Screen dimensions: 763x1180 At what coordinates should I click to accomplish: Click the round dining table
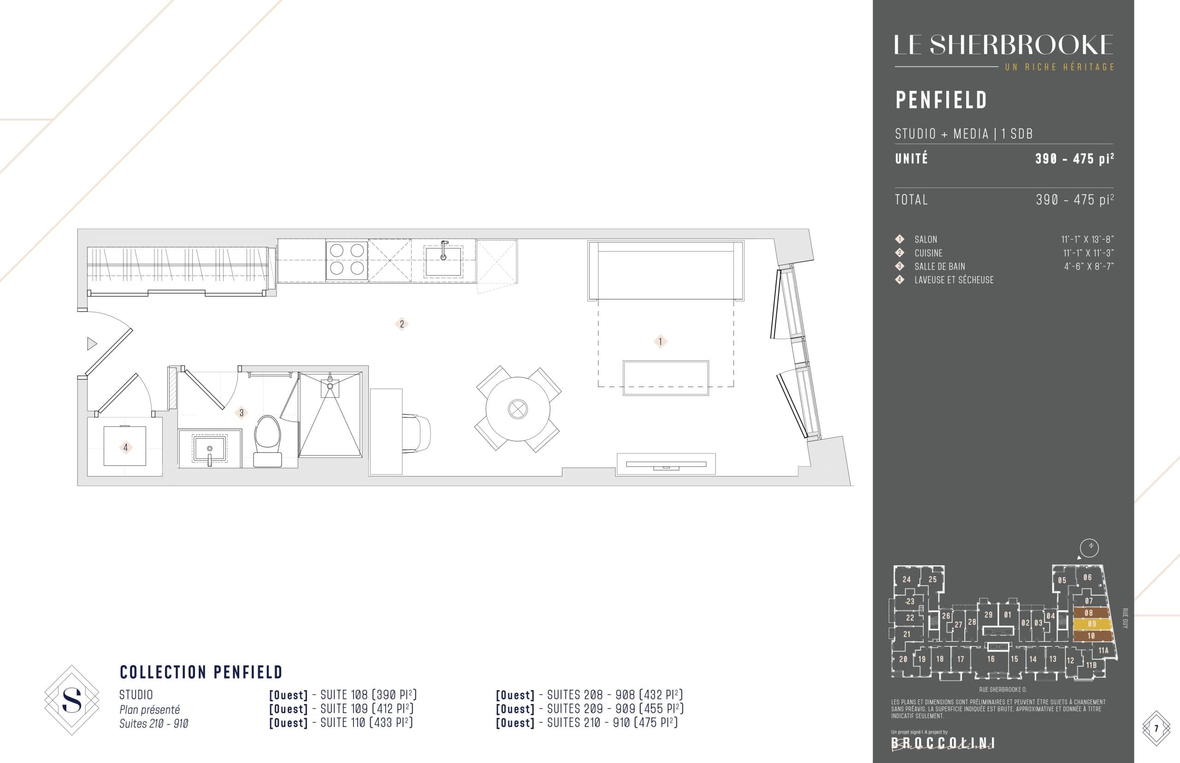pyautogui.click(x=518, y=409)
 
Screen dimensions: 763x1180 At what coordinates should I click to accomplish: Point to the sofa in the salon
pyautogui.click(x=666, y=270)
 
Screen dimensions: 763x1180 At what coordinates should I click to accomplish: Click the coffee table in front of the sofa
pyautogui.click(x=666, y=378)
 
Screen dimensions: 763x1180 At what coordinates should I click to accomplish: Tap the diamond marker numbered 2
pyautogui.click(x=401, y=324)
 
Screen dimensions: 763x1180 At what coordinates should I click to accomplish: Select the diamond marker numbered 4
pyautogui.click(x=125, y=447)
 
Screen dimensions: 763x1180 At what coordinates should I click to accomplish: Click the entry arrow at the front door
pyautogui.click(x=92, y=343)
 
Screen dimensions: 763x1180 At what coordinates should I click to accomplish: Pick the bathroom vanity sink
pyautogui.click(x=210, y=448)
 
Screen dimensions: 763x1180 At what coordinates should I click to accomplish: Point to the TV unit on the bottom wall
pyautogui.click(x=666, y=464)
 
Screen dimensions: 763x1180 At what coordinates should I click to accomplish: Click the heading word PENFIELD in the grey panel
pyautogui.click(x=941, y=100)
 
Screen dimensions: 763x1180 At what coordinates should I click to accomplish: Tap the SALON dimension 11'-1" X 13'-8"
pyautogui.click(x=1087, y=240)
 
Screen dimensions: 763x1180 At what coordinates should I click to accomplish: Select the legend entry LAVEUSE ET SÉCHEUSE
pyautogui.click(x=954, y=280)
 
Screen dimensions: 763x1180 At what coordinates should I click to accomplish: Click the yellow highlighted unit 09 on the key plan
pyautogui.click(x=1092, y=624)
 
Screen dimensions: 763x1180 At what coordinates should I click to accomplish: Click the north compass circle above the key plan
pyautogui.click(x=1089, y=548)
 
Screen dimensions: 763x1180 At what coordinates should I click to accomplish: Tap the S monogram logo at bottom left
pyautogui.click(x=72, y=700)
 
